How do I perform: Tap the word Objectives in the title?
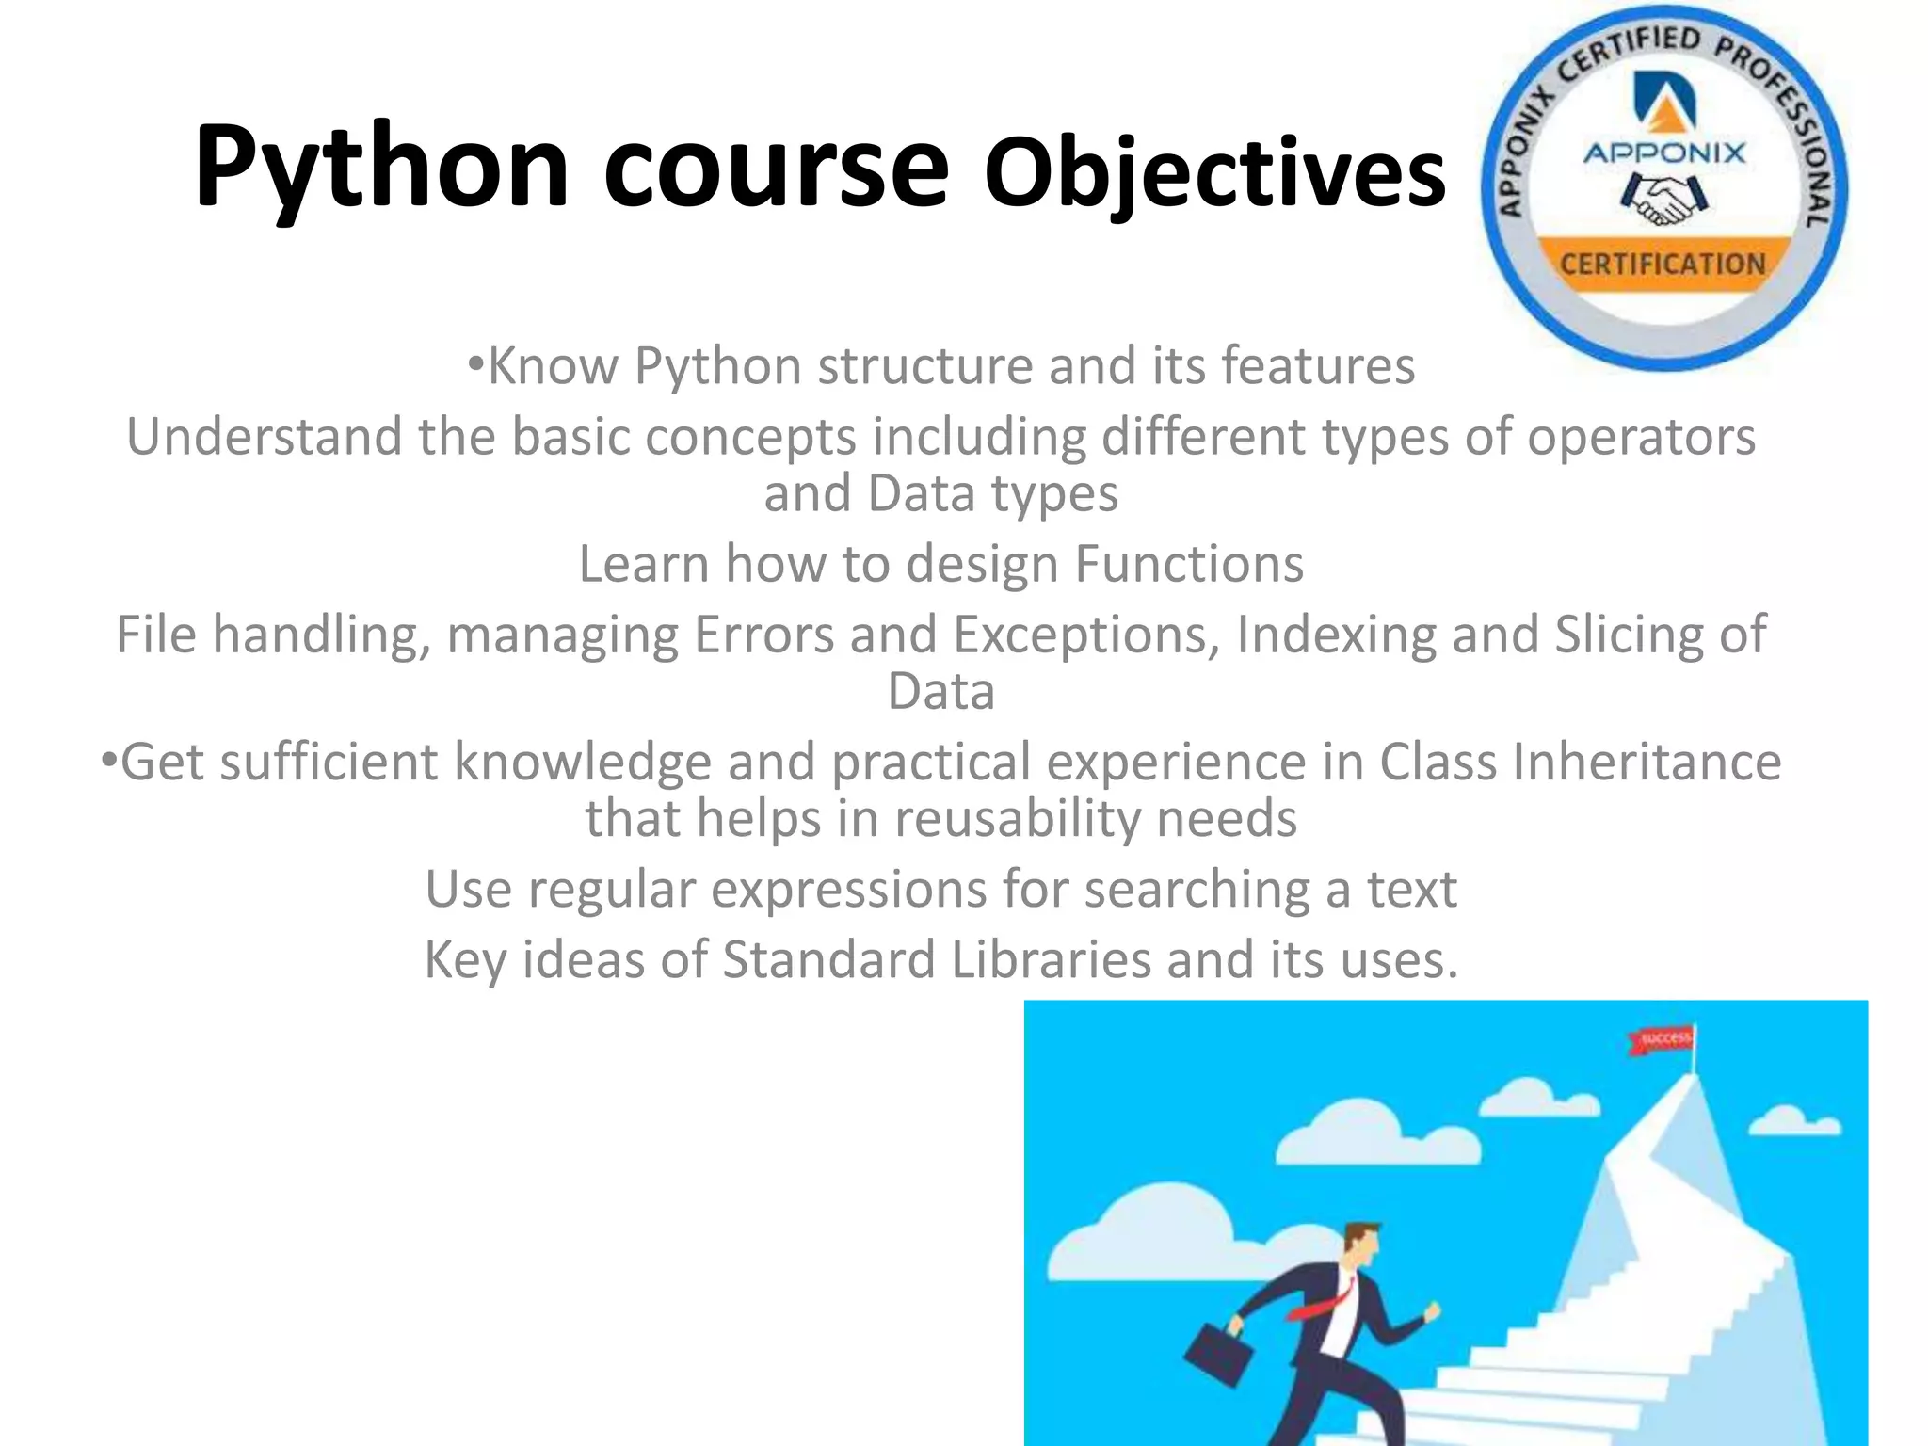coord(1214,174)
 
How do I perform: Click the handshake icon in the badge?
coord(1663,200)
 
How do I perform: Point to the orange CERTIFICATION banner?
coord(1663,265)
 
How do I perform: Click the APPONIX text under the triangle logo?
coord(1663,153)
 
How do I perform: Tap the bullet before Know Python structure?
coord(475,363)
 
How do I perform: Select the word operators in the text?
coord(1641,437)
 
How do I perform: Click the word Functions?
coord(1189,564)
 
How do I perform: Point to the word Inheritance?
coord(1647,762)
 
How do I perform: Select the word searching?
coord(1197,890)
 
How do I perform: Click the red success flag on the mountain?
coord(1662,1039)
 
